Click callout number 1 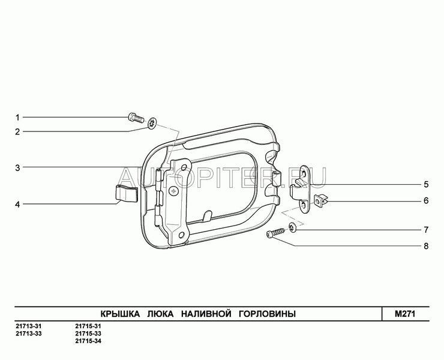pyautogui.click(x=17, y=117)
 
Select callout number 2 pyautogui.click(x=17, y=132)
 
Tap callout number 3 pyautogui.click(x=17, y=167)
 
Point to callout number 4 pyautogui.click(x=17, y=204)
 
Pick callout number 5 pyautogui.click(x=426, y=185)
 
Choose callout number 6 pyautogui.click(x=426, y=201)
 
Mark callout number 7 pyautogui.click(x=426, y=230)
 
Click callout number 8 pyautogui.click(x=426, y=246)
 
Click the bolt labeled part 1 pyautogui.click(x=136, y=117)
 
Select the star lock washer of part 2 pyautogui.click(x=152, y=123)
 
